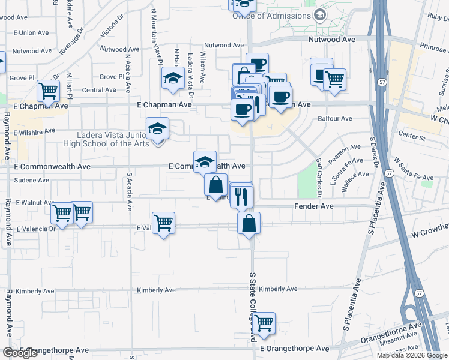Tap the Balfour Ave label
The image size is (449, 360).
tap(334, 119)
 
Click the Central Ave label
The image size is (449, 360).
tap(98, 90)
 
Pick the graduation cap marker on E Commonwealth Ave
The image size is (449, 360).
tap(205, 161)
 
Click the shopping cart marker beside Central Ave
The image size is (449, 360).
tap(48, 91)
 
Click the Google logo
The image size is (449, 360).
tap(20, 353)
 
